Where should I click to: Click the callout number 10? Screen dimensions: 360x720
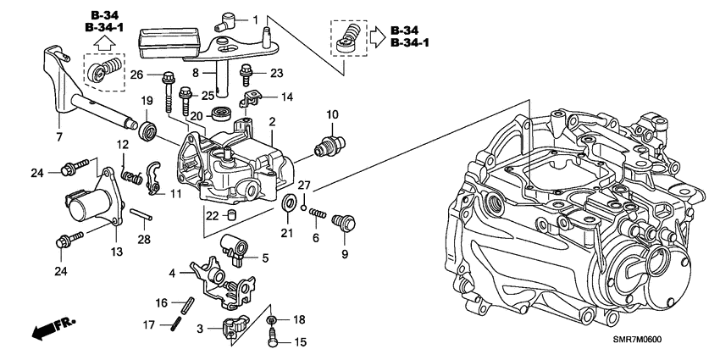click(332, 113)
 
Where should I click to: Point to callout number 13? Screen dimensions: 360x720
click(116, 251)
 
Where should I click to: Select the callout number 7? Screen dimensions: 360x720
click(58, 137)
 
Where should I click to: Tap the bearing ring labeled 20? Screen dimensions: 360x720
click(224, 114)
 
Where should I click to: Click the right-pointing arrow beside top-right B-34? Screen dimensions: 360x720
click(376, 36)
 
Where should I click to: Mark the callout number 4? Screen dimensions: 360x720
click(174, 273)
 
